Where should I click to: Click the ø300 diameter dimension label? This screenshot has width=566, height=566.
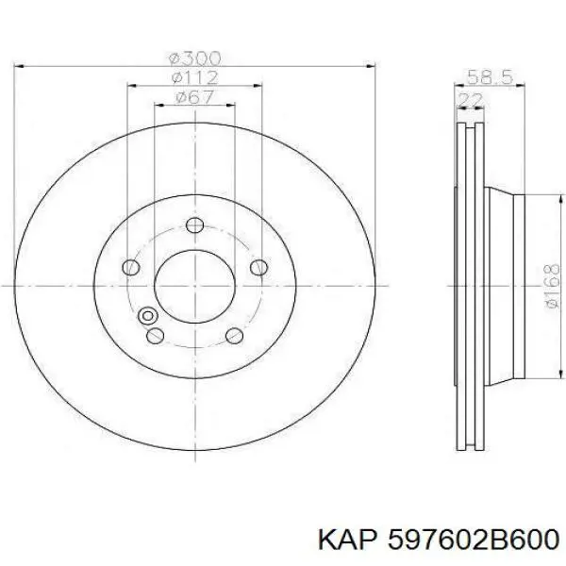click(195, 58)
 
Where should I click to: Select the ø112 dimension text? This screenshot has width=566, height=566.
click(195, 77)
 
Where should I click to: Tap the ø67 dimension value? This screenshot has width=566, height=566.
click(195, 97)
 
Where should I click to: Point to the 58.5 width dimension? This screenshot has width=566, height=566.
click(490, 77)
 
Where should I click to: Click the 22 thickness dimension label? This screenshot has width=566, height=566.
click(470, 99)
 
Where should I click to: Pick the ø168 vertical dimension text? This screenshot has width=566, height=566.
click(552, 286)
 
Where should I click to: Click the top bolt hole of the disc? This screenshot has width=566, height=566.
click(194, 225)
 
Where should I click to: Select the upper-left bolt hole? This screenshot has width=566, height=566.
click(131, 268)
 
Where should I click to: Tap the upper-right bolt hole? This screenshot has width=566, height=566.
click(258, 268)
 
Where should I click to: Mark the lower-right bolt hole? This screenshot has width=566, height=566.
click(234, 336)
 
